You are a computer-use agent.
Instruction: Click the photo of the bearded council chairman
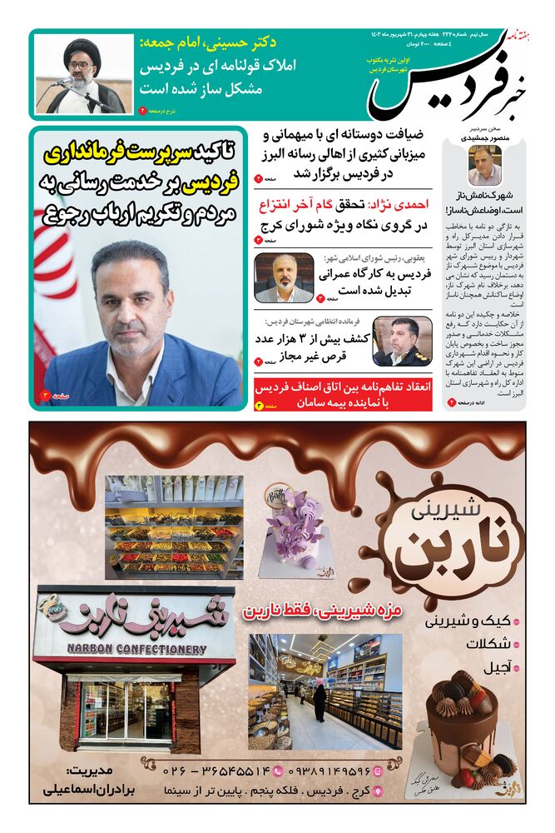tap(284, 278)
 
